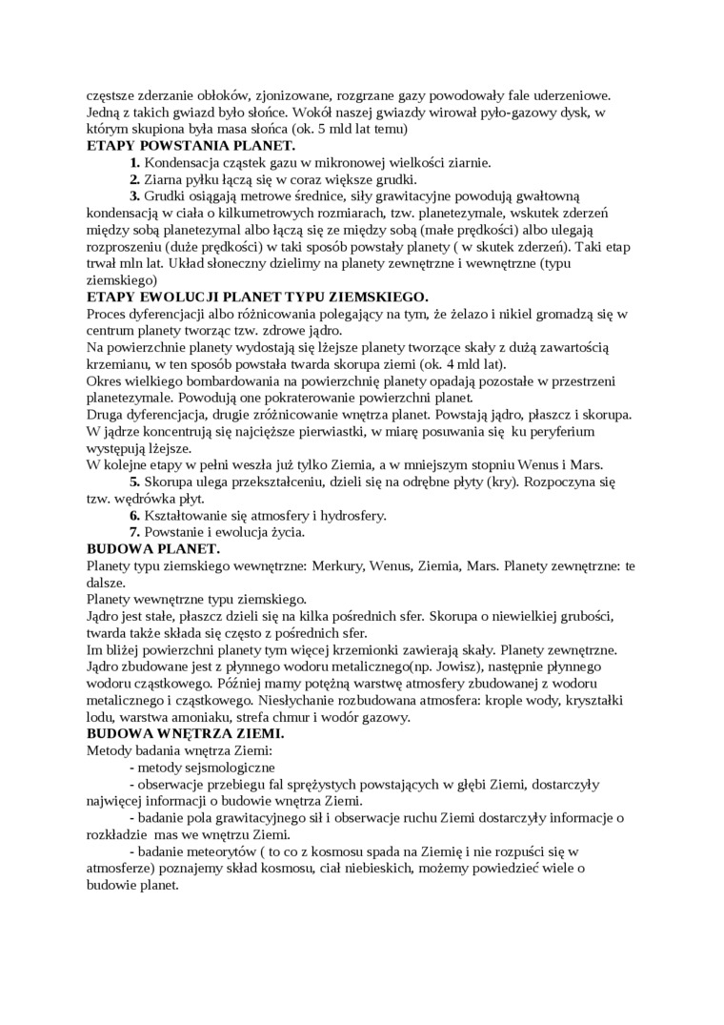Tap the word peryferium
(x=559, y=431)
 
